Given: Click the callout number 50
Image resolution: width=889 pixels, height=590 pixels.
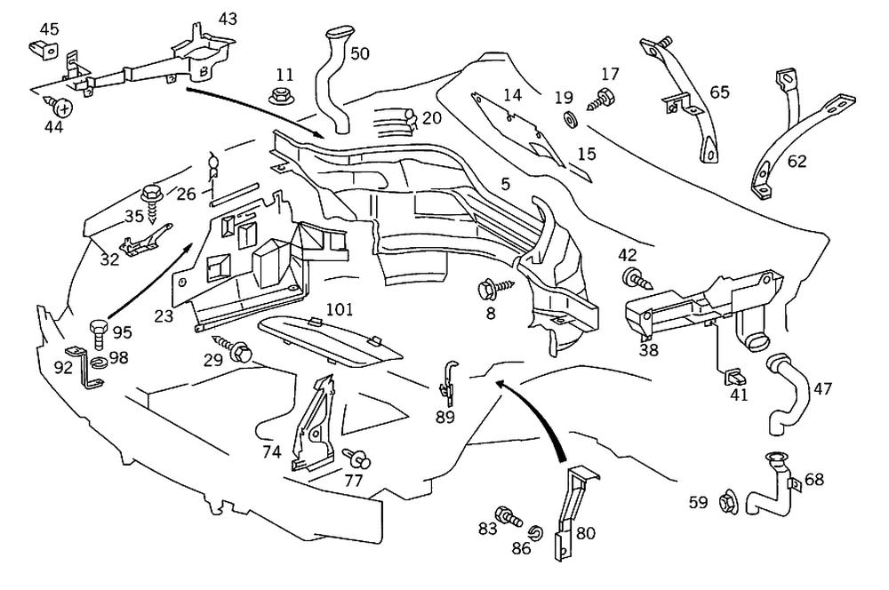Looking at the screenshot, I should pyautogui.click(x=359, y=53).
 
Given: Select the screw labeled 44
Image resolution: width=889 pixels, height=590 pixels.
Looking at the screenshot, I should pyautogui.click(x=63, y=108).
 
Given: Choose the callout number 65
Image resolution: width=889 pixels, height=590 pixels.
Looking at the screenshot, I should pyautogui.click(x=719, y=92).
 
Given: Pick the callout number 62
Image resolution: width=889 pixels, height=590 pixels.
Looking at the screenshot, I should pyautogui.click(x=797, y=162).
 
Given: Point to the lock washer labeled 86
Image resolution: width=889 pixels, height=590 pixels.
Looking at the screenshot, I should pyautogui.click(x=534, y=533).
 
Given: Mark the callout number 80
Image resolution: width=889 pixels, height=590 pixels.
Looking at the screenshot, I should pyautogui.click(x=585, y=534).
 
